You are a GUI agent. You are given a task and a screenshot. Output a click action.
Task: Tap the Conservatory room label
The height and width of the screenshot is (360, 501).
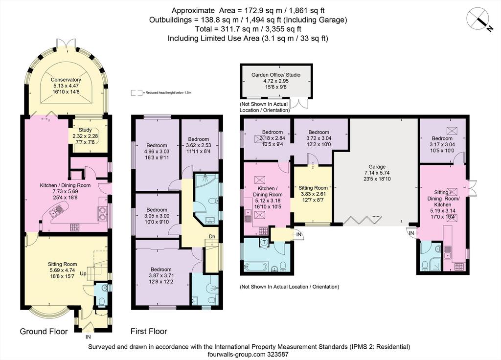click(66, 86)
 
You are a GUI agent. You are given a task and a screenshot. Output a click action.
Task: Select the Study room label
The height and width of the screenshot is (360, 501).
click(85, 136)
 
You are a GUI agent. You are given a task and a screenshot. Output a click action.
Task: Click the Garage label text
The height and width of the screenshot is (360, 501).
click(377, 173)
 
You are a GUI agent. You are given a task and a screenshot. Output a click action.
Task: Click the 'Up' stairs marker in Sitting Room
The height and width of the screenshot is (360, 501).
click(83, 274)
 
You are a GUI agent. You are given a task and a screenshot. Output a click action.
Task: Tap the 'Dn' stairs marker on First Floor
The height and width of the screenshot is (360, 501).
click(212, 236)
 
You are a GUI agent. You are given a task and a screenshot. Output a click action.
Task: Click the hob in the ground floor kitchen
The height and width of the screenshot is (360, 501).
click(75, 227)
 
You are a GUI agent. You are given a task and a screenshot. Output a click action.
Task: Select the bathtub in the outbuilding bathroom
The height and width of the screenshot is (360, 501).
click(255, 267)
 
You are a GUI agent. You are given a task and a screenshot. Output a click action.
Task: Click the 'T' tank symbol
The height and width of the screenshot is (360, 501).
click(264, 243)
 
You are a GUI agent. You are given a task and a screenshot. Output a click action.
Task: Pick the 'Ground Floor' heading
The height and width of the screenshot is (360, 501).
click(44, 332)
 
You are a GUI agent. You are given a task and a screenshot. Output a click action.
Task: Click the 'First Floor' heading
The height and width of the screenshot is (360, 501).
click(149, 331)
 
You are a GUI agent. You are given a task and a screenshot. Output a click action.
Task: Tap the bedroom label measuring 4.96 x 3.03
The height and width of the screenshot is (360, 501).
click(157, 152)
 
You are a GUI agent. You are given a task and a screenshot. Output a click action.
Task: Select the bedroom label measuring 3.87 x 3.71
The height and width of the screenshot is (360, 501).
click(161, 275)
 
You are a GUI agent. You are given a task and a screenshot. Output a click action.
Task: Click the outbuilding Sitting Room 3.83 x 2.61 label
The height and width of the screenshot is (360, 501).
click(313, 194)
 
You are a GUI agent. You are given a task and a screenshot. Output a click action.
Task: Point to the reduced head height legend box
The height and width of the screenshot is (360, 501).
click(137, 92)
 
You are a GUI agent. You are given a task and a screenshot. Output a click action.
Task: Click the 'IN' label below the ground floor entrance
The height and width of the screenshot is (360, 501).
click(88, 337)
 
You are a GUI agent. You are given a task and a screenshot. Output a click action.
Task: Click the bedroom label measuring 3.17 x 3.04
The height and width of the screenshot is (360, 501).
click(442, 144)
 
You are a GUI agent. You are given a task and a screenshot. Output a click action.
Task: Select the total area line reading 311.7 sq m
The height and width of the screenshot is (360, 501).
click(248, 29)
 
